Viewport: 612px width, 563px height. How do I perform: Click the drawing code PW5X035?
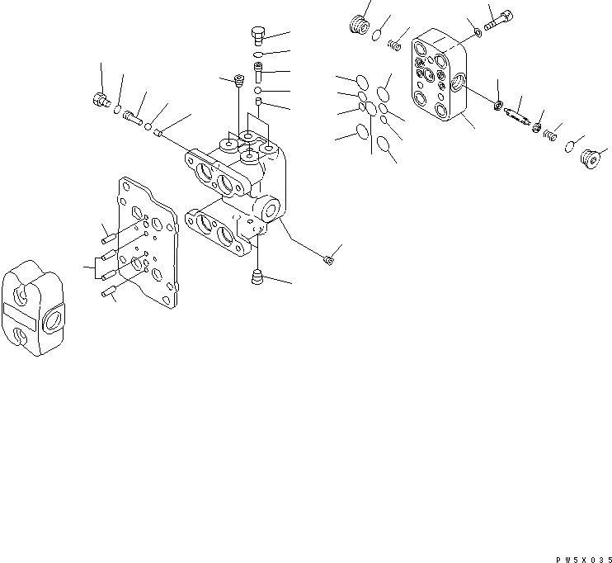(581, 558)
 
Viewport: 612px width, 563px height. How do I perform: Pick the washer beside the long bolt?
(478, 33)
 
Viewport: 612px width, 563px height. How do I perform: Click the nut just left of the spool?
(498, 105)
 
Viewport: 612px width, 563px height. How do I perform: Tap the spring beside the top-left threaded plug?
(394, 42)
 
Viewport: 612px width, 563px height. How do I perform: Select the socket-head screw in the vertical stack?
(257, 75)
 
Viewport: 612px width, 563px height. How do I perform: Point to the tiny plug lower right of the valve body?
(329, 261)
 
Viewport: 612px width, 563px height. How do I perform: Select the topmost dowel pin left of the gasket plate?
(108, 238)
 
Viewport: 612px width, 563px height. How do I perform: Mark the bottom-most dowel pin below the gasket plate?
(106, 291)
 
